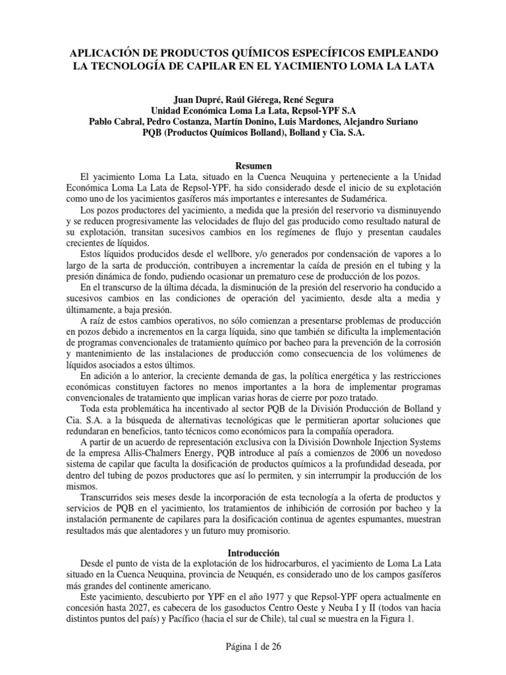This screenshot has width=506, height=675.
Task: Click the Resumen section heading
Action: pyautogui.click(x=253, y=165)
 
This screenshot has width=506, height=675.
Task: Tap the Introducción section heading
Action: pyautogui.click(x=253, y=552)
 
